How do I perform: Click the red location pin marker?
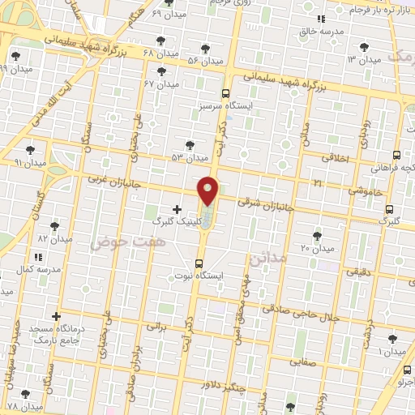coord(208,190)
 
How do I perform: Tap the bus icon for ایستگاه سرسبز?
coord(225,93)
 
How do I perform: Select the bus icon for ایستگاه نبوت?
coord(199,263)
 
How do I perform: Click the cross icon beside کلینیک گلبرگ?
coord(178,209)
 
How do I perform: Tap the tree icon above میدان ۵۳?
coord(190,145)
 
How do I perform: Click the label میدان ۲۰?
coord(317,246)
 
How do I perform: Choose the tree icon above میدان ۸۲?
coord(54,227)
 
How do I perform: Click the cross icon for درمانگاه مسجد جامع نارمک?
coord(56,316)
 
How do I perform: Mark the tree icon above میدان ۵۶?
coord(205,49)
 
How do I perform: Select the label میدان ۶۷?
coord(160,83)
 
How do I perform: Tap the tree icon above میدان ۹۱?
coord(30,150)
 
